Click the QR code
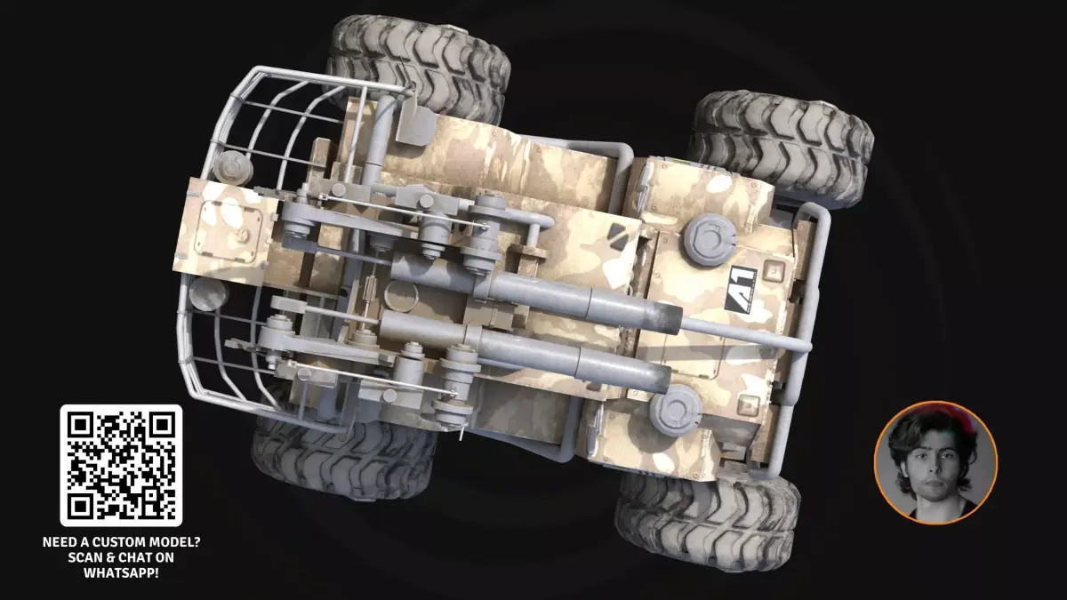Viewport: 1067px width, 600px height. tap(121, 465)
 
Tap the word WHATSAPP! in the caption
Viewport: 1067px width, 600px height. tap(121, 572)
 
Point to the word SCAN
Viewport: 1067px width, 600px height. tap(84, 557)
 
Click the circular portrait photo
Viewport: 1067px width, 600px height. tap(936, 463)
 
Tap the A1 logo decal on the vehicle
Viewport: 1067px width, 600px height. tap(742, 290)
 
